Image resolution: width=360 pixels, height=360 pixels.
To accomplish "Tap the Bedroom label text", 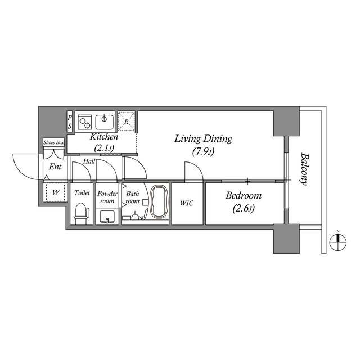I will (x=244, y=196).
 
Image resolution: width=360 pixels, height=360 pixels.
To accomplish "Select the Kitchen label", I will (x=104, y=137).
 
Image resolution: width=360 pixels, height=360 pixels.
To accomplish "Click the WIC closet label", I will (x=187, y=203).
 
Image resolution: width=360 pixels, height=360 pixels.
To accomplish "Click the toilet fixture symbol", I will (x=82, y=213).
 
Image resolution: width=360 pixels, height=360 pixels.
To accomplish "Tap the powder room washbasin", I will (x=107, y=216).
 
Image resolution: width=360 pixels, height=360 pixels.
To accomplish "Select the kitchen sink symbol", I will (x=105, y=121).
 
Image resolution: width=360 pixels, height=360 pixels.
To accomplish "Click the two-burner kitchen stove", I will (x=85, y=121).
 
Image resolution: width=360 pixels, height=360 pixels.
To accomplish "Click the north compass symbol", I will (x=337, y=240).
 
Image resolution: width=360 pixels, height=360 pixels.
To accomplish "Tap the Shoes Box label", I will (x=54, y=143).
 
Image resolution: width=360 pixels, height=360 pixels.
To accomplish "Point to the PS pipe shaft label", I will (x=70, y=122).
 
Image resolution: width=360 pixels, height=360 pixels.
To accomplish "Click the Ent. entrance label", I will (x=55, y=167).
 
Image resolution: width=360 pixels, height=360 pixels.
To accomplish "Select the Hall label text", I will (x=89, y=161).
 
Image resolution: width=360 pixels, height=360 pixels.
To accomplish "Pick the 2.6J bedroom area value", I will (x=244, y=209).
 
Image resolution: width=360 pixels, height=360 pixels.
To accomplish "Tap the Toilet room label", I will (x=82, y=193).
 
